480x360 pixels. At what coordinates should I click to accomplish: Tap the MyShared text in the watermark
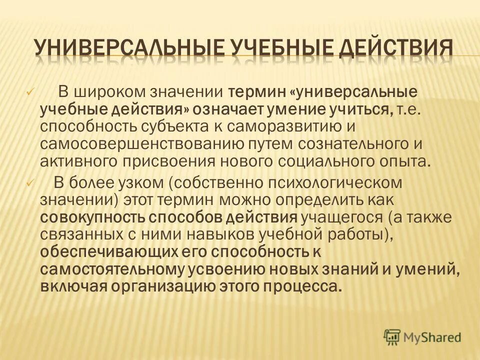[x=433, y=337]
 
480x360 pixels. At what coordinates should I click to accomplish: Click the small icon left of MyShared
[x=392, y=337]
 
